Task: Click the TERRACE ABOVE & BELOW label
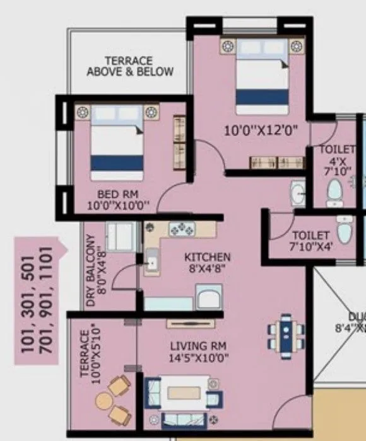[130, 66]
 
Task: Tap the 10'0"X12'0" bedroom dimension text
[261, 130]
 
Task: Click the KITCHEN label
[207, 258]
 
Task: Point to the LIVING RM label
[199, 346]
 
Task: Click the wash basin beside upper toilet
[298, 193]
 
